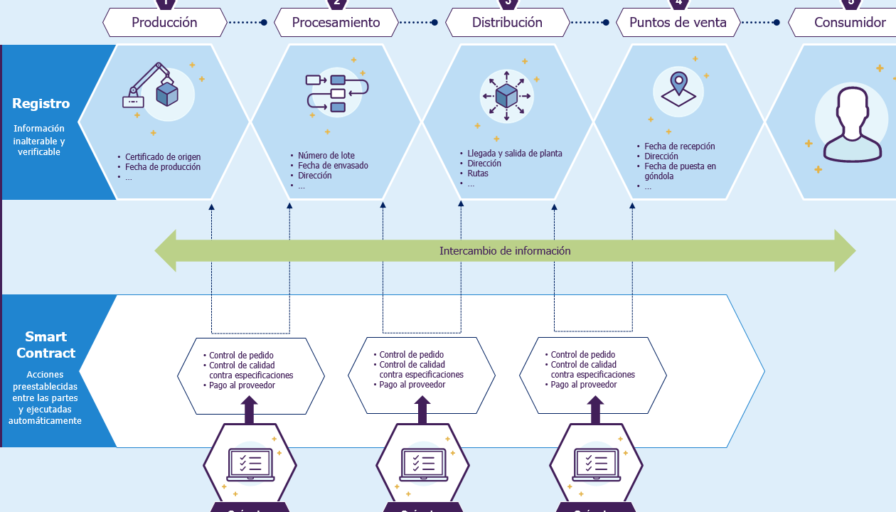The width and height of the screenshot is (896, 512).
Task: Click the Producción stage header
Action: click(164, 23)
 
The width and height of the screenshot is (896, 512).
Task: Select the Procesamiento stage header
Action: click(336, 23)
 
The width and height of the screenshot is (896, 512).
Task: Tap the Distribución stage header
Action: click(507, 23)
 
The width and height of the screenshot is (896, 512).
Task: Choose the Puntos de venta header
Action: click(678, 23)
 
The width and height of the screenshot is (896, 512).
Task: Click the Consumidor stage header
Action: click(849, 23)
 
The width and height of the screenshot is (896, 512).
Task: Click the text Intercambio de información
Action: click(505, 251)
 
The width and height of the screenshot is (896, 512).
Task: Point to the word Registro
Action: click(41, 104)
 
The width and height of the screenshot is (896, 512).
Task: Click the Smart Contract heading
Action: click(46, 345)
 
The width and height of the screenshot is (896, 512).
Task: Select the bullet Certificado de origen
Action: click(163, 157)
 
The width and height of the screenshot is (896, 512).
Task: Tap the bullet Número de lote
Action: click(326, 156)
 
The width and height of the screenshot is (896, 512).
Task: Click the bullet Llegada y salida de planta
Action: click(514, 154)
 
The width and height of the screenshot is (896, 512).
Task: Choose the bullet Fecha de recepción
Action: click(679, 146)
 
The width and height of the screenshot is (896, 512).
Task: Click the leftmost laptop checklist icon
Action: click(250, 464)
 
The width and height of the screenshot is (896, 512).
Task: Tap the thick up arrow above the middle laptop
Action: click(422, 410)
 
